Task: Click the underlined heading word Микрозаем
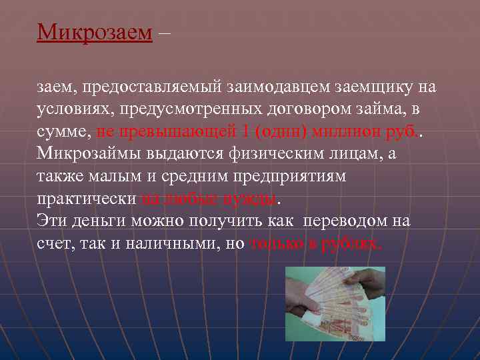(x=95, y=32)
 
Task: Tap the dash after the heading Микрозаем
(x=165, y=32)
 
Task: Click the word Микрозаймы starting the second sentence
(x=85, y=154)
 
